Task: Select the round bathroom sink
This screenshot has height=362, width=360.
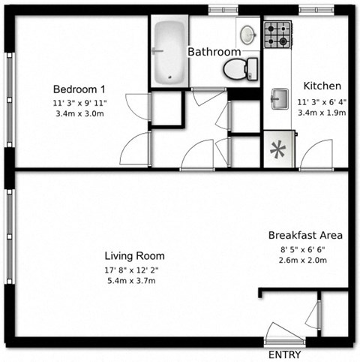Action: (x=247, y=34)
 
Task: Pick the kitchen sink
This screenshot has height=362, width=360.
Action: (x=280, y=98)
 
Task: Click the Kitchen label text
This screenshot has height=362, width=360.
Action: (x=322, y=86)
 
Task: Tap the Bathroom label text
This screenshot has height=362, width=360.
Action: (x=214, y=52)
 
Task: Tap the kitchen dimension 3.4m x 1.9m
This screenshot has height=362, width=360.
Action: (x=322, y=113)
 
